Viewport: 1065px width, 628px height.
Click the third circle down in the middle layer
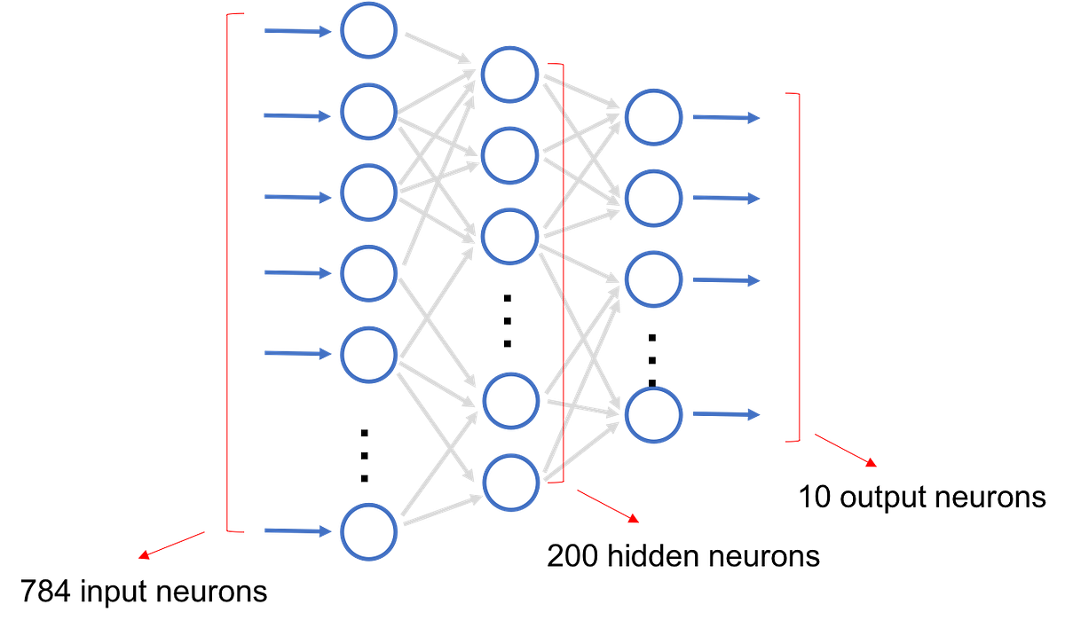point(510,235)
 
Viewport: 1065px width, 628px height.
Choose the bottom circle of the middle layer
point(510,481)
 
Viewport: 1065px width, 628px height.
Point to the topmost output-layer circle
point(653,117)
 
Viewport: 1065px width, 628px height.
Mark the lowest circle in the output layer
point(653,415)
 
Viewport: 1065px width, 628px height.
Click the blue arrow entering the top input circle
point(296,32)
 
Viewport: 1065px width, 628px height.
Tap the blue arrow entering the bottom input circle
point(296,531)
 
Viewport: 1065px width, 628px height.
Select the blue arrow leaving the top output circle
point(726,117)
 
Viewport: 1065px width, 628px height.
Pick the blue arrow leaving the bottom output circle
point(726,414)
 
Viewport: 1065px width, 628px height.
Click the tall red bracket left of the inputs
point(228,266)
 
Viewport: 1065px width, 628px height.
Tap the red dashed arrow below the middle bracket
point(607,506)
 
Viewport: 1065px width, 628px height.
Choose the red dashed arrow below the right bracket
point(846,451)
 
